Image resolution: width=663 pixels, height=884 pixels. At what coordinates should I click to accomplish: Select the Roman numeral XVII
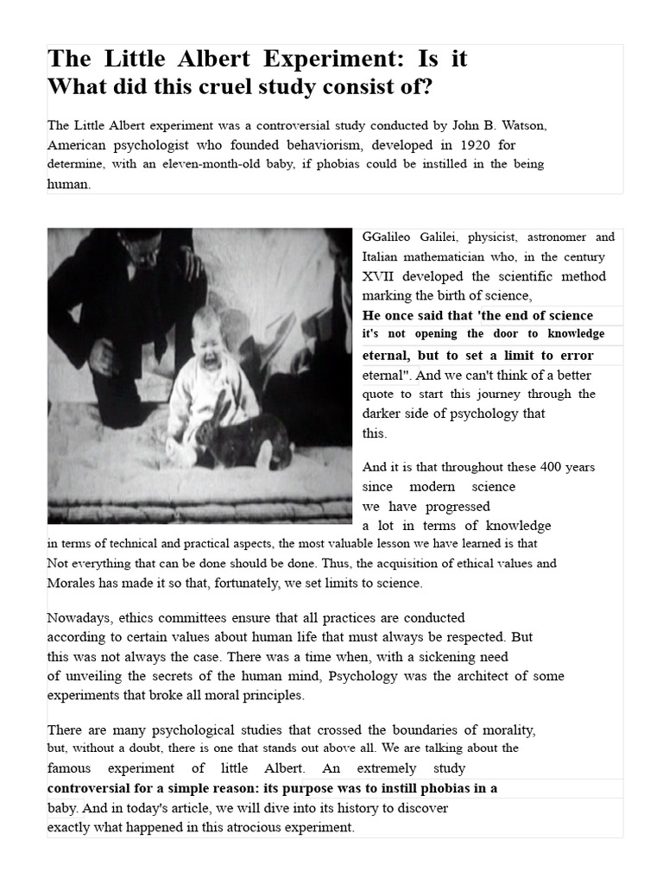(x=380, y=276)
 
